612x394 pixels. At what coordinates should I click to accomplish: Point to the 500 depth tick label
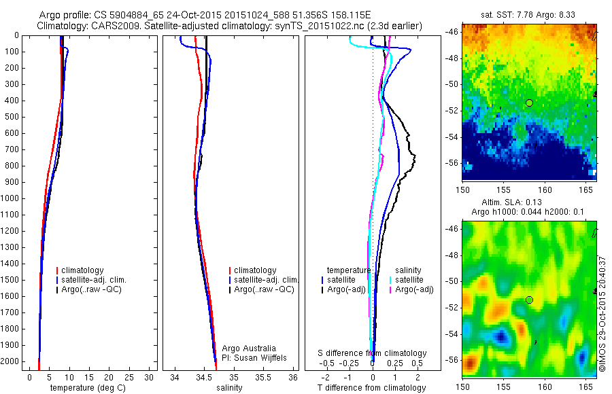10,117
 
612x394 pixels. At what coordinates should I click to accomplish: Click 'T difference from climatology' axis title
371,388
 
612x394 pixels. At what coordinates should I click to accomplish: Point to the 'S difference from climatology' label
372,353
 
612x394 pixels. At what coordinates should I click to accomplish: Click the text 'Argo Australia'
249,348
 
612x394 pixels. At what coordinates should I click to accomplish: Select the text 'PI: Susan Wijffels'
254,357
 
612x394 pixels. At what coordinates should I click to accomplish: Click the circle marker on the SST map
529,103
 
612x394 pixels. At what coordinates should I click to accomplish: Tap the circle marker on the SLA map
529,300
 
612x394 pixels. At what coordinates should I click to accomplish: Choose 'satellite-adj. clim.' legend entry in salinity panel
266,280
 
